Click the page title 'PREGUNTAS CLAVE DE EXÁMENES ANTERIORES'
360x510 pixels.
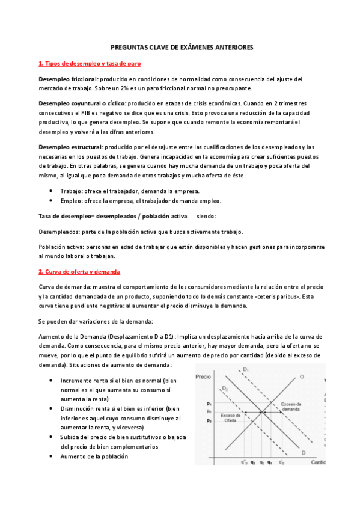(x=180, y=46)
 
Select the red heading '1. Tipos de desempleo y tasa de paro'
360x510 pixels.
(x=90, y=63)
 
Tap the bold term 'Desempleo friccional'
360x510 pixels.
(x=68, y=79)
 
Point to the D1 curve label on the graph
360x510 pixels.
(x=246, y=369)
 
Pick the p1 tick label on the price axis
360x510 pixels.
(x=208, y=403)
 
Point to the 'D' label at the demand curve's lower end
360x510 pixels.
(x=304, y=452)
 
